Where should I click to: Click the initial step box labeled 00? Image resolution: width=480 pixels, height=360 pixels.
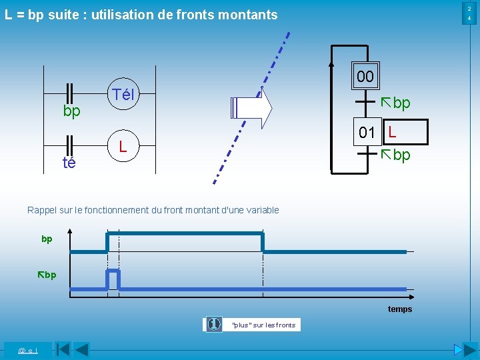[x=365, y=76]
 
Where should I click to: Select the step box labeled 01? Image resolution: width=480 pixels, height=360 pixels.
[x=367, y=132]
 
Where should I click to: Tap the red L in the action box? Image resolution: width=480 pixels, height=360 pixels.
[x=393, y=131]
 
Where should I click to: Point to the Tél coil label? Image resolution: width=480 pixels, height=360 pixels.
[x=123, y=95]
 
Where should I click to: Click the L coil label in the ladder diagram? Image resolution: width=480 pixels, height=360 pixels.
[x=123, y=145]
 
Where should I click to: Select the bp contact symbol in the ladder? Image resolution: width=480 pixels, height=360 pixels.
[x=69, y=94]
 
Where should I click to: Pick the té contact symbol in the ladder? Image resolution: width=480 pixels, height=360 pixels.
[x=69, y=145]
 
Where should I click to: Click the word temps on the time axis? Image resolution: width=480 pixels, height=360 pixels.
[x=400, y=309]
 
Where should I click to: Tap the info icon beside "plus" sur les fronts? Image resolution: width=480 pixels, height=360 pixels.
[x=214, y=324]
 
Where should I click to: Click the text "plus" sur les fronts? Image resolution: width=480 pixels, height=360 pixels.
[x=263, y=325]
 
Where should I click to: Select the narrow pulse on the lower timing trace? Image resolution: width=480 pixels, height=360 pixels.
[x=113, y=279]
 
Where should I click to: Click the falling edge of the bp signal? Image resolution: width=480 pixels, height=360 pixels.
[x=263, y=242]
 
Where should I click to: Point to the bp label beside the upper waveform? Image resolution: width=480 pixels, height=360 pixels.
[x=47, y=239]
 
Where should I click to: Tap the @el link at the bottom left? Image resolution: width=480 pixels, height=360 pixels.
[x=27, y=350]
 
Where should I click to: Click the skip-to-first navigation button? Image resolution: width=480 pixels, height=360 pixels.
[x=63, y=349]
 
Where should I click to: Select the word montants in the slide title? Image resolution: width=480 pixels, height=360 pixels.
[x=247, y=14]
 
